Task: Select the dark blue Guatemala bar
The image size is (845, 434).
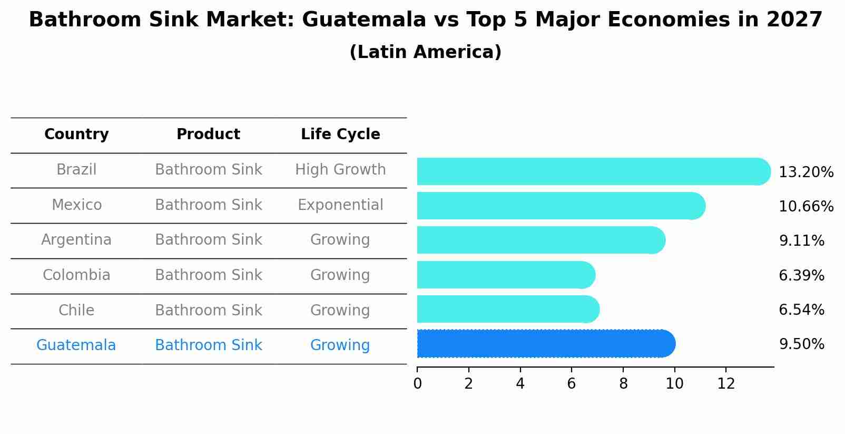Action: [x=545, y=344]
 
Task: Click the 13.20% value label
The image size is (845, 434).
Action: [x=805, y=172]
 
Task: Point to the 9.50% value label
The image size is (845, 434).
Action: [x=801, y=344]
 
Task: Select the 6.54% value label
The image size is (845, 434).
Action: [x=801, y=310]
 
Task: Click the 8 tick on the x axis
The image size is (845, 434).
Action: [x=623, y=384]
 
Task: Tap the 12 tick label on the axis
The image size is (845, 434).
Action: [x=726, y=384]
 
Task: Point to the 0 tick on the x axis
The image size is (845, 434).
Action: [x=418, y=384]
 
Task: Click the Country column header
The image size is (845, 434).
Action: [x=76, y=134]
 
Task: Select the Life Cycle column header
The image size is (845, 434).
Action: [x=340, y=134]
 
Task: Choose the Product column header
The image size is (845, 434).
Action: [x=208, y=134]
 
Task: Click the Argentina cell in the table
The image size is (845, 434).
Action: [x=76, y=240]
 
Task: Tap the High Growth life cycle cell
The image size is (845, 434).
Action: [x=340, y=170]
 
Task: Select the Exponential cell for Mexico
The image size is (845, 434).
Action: [x=340, y=205]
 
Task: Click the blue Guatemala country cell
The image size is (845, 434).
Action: [x=76, y=345]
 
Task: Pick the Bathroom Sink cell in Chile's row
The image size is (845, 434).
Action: [x=208, y=310]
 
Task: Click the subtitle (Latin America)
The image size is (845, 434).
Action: [x=425, y=52]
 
